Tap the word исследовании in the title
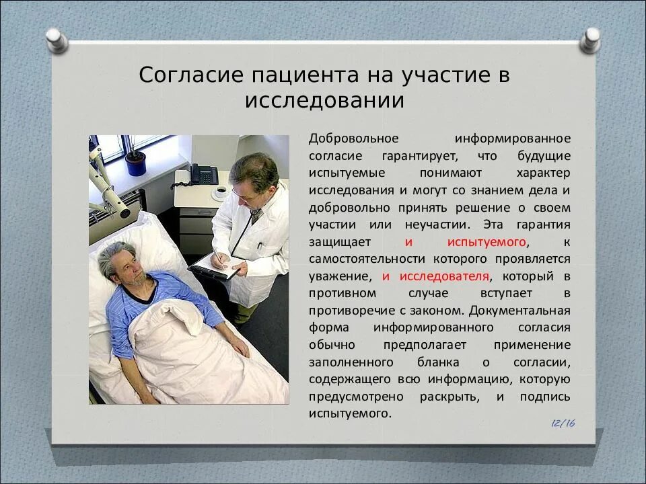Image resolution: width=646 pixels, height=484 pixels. point(324,100)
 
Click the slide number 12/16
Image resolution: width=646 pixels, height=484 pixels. point(563,423)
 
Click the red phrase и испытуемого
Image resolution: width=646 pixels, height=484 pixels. point(467,241)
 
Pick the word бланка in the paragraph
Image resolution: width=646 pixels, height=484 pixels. point(434,362)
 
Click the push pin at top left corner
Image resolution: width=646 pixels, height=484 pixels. point(56,40)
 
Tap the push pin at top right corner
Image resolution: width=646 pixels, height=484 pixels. point(589,40)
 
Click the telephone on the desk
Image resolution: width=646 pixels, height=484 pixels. point(203,174)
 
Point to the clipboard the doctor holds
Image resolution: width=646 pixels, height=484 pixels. point(215,268)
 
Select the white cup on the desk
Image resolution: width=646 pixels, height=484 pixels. point(219,192)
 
